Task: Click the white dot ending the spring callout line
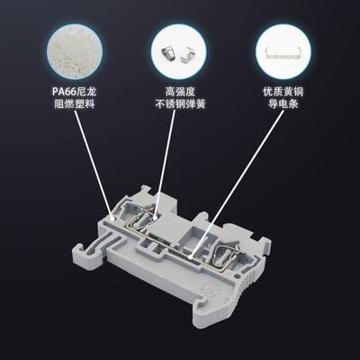coord(154,216)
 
